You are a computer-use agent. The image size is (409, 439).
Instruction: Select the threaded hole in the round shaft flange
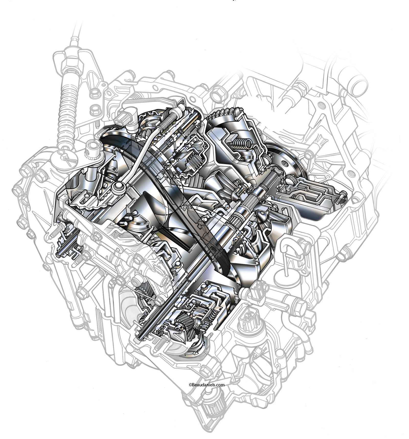point(285,161)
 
